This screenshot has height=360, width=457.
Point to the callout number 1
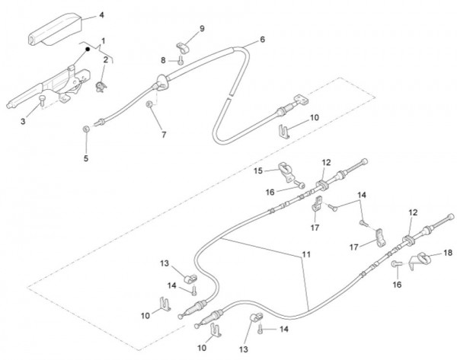point(104,40)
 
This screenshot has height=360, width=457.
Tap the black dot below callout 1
point(88,50)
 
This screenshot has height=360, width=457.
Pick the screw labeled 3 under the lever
point(43,99)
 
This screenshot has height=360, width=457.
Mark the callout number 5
point(86,158)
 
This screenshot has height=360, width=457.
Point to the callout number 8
point(162,59)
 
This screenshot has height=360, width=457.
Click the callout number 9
point(202,29)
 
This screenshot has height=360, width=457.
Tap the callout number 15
point(257,169)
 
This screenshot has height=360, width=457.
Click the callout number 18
point(448,252)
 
